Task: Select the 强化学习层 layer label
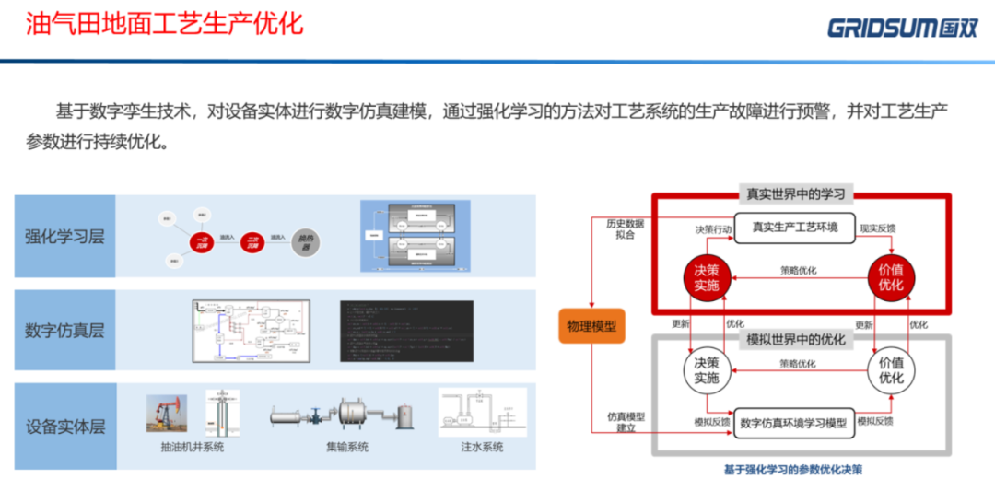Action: coord(64,236)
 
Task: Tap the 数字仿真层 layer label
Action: coord(64,331)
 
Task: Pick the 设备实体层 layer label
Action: coord(64,427)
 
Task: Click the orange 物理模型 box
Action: coord(591,327)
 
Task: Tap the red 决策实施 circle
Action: coord(707,277)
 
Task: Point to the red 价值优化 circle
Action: coord(891,277)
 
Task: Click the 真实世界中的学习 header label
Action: coord(795,194)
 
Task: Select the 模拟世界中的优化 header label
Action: coord(796,339)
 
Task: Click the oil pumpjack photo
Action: coord(166,414)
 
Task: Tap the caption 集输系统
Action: coord(346,448)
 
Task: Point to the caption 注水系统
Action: coord(481,448)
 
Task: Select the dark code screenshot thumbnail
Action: coord(405,330)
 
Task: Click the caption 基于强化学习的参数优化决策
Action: coord(792,470)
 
